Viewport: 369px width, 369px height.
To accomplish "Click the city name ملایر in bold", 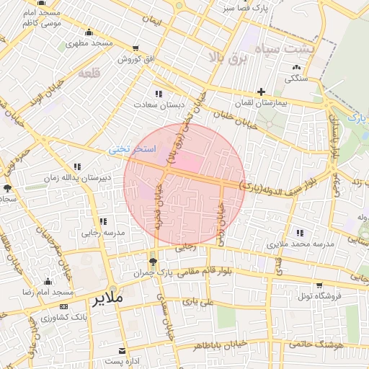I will coord(108,297).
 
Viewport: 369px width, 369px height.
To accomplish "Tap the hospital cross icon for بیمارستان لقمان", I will coord(261,92).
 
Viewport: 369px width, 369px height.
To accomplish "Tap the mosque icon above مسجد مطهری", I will coord(89,32).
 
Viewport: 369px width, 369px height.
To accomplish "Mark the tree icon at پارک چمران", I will coord(152,261).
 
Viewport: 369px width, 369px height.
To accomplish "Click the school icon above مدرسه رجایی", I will coord(103,221).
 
